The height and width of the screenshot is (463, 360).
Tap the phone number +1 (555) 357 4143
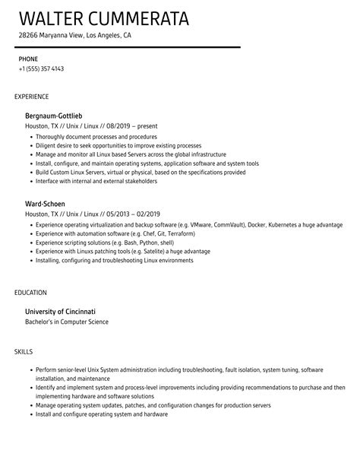pyautogui.click(x=41, y=68)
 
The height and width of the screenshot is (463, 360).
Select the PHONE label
pyautogui.click(x=29, y=58)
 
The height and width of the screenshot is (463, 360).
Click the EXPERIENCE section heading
pyautogui.click(x=32, y=97)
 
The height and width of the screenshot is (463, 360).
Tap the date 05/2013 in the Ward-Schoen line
pyautogui.click(x=103, y=216)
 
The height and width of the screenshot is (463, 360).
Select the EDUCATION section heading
pyautogui.click(x=31, y=291)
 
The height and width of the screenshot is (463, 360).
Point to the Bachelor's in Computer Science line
pyautogui.click(x=67, y=322)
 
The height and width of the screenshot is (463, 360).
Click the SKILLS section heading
pyautogui.click(x=24, y=352)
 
